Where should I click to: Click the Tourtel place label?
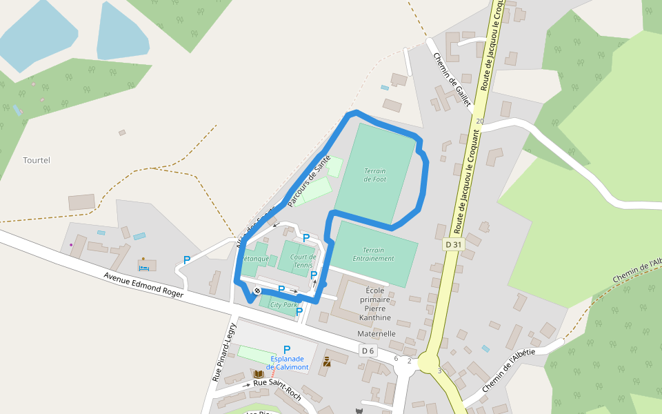coord(37,160)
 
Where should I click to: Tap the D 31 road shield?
coord(453,244)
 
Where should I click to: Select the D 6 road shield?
coord(368,351)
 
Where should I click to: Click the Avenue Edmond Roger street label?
coord(143,284)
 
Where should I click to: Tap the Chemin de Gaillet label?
coord(452,80)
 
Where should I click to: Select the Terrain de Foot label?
coord(375,175)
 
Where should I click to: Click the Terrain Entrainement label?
coord(374,254)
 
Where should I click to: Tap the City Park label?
coord(283,304)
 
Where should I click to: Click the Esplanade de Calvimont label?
coord(289,363)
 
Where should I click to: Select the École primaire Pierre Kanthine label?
coord(375,304)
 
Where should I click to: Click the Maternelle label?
coord(377,334)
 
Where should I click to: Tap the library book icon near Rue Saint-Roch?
coord(259,374)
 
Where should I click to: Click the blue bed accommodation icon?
coord(144,266)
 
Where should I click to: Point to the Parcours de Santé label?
coord(309,181)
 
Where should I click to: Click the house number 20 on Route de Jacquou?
coord(480,121)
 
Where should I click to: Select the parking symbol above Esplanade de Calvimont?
coord(287,349)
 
